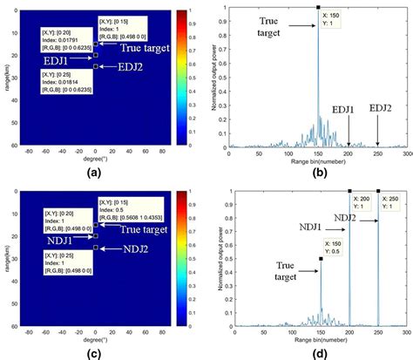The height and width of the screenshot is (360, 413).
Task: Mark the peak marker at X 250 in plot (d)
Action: click(x=378, y=191)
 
